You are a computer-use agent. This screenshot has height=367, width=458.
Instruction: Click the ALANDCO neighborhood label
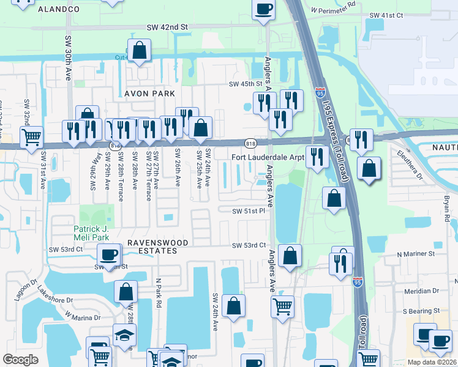pyautogui.click(x=59, y=10)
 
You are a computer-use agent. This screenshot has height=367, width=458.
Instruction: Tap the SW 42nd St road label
pyautogui.click(x=167, y=28)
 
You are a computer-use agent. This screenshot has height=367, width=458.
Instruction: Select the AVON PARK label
pyautogui.click(x=150, y=94)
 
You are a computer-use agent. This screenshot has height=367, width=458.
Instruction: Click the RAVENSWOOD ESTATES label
pyautogui.click(x=158, y=247)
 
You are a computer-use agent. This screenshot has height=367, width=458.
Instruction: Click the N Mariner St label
pyautogui.click(x=415, y=253)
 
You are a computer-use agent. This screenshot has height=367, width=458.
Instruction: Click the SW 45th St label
pyautogui.click(x=245, y=84)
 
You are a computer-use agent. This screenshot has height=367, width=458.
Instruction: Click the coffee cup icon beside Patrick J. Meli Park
pyautogui.click(x=109, y=254)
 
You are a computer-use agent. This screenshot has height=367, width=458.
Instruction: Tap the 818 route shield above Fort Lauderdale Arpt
pyautogui.click(x=250, y=143)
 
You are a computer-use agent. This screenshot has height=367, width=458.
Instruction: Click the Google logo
pyautogui.click(x=20, y=359)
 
